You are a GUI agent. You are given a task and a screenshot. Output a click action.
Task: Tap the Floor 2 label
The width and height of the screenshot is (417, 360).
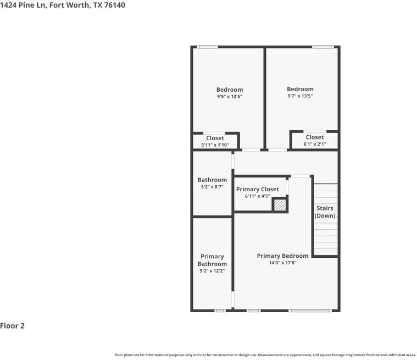tap(13, 326)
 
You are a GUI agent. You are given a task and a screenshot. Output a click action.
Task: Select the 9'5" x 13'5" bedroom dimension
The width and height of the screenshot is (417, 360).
tap(229, 97)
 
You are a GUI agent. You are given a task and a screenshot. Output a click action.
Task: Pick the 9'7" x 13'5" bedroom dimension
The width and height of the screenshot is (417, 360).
tap(300, 96)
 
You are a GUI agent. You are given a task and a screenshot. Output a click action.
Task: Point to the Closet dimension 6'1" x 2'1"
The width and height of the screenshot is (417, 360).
tap(314, 145)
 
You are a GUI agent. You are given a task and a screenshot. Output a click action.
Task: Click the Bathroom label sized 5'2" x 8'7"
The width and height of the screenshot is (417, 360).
tap(212, 180)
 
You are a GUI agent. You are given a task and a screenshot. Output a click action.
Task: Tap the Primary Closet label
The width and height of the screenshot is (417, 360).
tap(257, 189)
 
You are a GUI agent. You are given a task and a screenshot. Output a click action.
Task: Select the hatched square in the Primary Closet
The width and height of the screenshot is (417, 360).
tap(280, 205)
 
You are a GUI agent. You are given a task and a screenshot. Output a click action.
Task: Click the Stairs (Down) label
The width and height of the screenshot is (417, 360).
tap(325, 212)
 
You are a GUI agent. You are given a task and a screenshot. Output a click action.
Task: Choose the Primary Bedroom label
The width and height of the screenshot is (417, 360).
tap(282, 256)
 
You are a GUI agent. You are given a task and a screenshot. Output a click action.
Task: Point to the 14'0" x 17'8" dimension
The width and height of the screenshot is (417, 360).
tap(282, 263)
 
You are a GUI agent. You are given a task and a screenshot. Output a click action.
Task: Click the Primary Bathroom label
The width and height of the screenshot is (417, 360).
tap(212, 260)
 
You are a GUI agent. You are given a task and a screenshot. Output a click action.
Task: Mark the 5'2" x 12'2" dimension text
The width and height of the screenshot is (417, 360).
tap(212, 271)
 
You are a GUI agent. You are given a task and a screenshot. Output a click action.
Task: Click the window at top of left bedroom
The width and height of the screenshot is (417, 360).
tap(207, 47)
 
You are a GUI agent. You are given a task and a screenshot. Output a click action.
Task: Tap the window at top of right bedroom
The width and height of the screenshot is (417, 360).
tap(323, 47)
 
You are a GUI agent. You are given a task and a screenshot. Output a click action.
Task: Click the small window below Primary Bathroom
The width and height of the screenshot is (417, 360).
tap(220, 311)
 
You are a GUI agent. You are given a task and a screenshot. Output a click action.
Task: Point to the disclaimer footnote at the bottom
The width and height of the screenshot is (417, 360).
tap(265, 355)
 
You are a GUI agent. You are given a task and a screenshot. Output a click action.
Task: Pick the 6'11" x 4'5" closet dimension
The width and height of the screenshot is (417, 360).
tap(257, 196)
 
